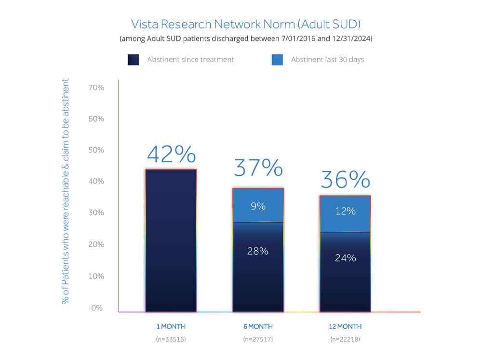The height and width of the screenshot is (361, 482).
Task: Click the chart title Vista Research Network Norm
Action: click(x=246, y=24)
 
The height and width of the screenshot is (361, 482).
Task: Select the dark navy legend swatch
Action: click(x=134, y=60)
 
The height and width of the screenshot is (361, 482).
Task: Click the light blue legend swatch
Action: click(x=277, y=60)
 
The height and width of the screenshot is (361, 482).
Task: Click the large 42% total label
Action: click(x=171, y=155)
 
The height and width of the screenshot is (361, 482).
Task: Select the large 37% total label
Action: click(x=258, y=168)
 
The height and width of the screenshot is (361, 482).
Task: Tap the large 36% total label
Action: click(x=346, y=180)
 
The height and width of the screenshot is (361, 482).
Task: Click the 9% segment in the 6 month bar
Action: click(x=258, y=206)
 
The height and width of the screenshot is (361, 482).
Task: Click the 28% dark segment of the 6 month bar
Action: click(x=258, y=251)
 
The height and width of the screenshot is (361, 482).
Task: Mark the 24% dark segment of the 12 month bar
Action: click(x=346, y=258)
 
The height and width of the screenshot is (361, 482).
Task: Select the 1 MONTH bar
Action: click(x=171, y=241)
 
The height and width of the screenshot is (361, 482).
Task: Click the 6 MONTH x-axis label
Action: click(x=258, y=326)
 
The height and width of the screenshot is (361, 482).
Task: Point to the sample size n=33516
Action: click(x=171, y=339)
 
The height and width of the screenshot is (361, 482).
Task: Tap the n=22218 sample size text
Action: click(x=346, y=339)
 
